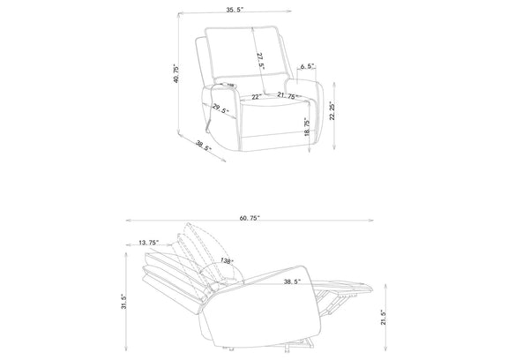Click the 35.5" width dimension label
(x=235, y=10)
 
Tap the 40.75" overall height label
(x=176, y=73)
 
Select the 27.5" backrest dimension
(x=261, y=62)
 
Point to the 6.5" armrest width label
(x=308, y=66)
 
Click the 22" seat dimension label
(x=257, y=97)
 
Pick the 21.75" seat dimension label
(x=288, y=95)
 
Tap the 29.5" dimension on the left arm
(x=220, y=109)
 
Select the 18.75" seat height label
(x=307, y=127)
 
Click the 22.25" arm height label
(x=332, y=111)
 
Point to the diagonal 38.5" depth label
(x=204, y=146)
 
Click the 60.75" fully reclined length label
(x=250, y=218)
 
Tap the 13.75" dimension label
(x=149, y=243)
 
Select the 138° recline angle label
(x=227, y=260)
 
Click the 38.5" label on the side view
(x=292, y=281)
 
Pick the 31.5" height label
(x=123, y=302)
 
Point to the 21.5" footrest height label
(x=384, y=317)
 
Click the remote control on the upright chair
(x=228, y=86)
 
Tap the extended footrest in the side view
(x=343, y=286)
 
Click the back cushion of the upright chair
(x=246, y=54)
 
